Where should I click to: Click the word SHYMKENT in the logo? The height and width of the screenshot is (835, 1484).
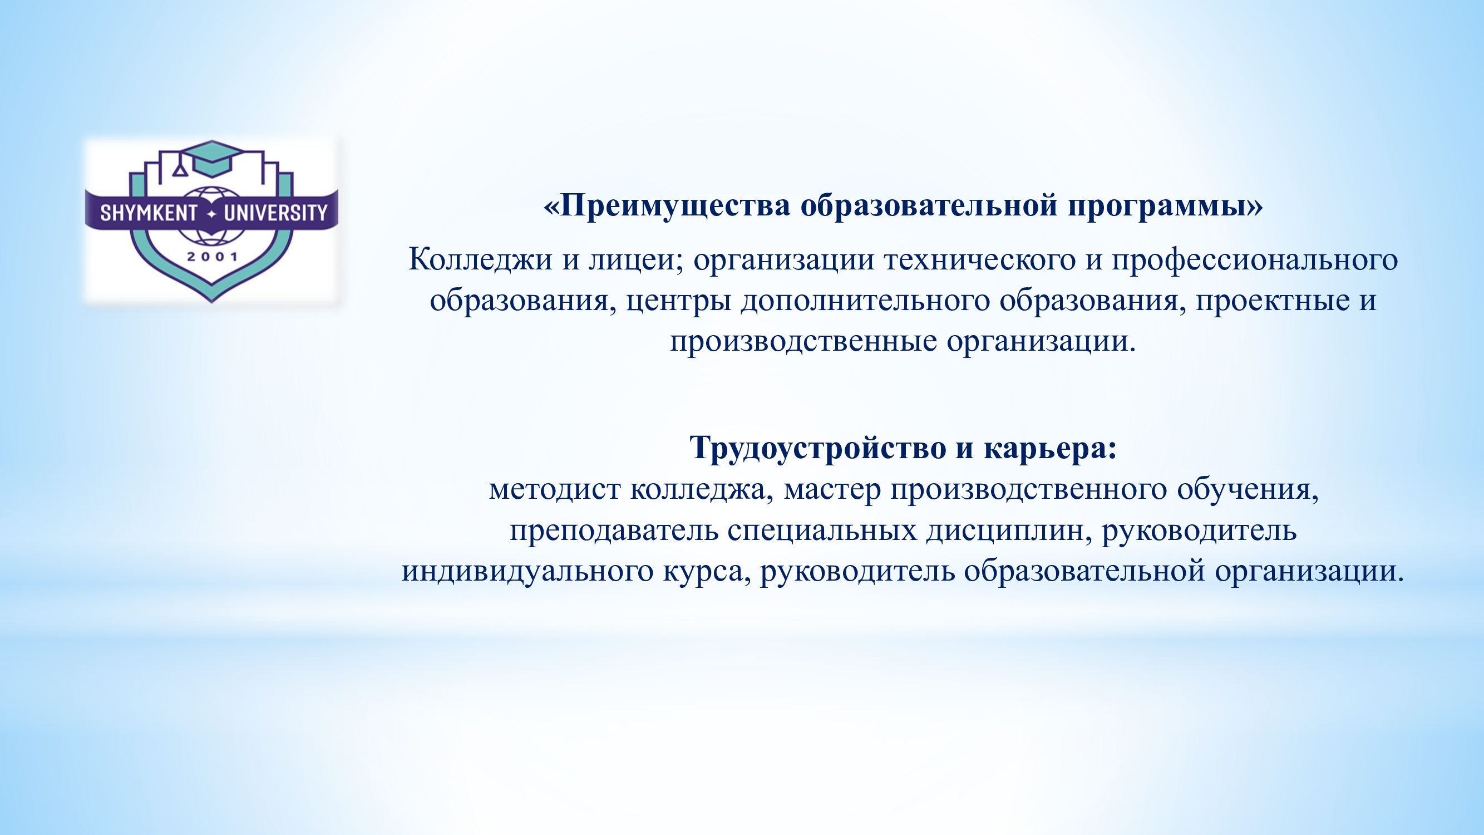point(149,213)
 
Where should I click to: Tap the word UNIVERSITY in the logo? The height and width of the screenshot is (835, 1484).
point(275,213)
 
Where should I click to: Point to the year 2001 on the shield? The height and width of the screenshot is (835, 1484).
point(212,257)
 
